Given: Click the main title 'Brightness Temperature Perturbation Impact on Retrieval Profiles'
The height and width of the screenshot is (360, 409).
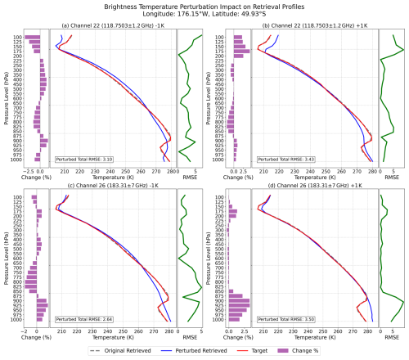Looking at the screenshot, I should [x=204, y=6].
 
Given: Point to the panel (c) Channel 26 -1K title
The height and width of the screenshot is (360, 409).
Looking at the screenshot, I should [x=113, y=187].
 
